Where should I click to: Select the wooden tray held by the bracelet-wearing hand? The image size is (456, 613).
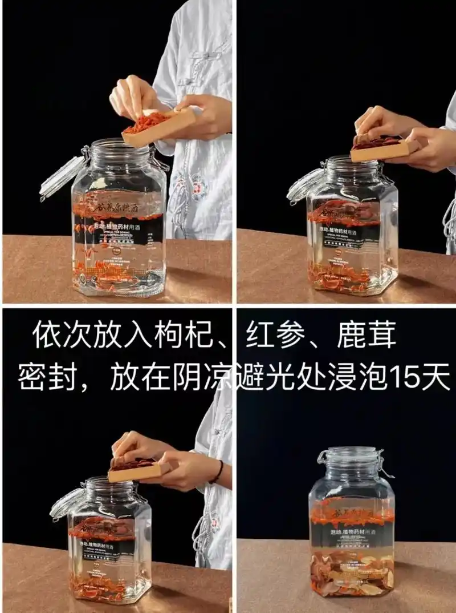140,471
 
